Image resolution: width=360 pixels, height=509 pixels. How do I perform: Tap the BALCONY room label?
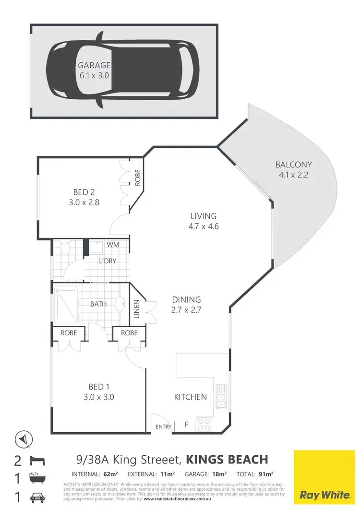click(291, 165)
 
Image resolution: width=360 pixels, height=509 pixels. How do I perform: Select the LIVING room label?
click(204, 216)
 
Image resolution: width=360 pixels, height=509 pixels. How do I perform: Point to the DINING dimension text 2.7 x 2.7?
click(186, 310)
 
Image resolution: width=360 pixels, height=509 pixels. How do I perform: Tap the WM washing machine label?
click(113, 245)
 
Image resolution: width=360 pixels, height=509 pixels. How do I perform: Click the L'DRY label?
click(108, 261)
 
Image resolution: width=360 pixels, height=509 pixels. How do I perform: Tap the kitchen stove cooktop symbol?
click(204, 424)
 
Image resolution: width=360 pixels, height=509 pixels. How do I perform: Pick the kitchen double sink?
click(221, 397)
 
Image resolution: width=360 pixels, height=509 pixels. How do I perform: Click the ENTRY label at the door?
click(163, 427)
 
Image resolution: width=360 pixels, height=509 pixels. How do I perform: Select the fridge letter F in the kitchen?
click(187, 424)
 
